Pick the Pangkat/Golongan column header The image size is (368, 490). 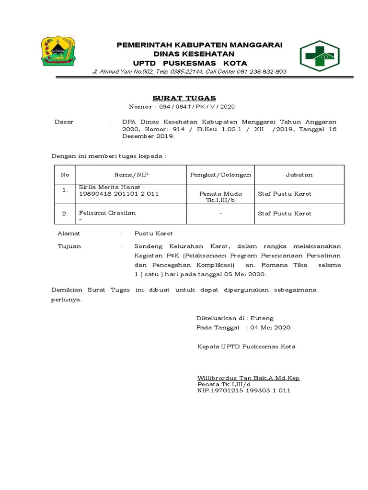(x=220, y=175)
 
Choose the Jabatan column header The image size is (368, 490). (x=299, y=175)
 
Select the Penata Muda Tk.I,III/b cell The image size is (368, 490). (x=221, y=197)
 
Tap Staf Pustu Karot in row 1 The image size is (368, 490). (x=285, y=194)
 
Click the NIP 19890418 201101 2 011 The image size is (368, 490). (x=118, y=194)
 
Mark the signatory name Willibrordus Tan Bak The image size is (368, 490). (x=248, y=378)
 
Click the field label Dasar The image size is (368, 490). (x=64, y=122)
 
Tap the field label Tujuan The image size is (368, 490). (x=69, y=246)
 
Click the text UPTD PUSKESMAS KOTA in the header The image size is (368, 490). (x=190, y=63)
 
